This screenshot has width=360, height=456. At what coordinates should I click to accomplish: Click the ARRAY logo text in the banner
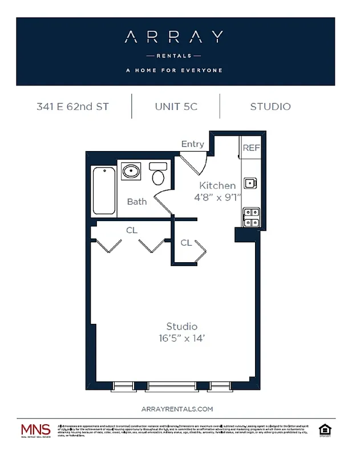174,38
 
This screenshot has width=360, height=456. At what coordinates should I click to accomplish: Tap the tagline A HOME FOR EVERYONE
174,71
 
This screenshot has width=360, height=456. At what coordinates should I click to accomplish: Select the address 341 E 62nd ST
72,107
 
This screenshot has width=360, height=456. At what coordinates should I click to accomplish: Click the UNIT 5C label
176,107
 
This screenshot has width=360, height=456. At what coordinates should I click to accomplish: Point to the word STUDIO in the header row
270,107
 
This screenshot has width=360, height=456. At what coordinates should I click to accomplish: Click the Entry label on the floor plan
192,144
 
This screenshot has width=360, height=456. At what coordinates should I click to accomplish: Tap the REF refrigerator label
251,148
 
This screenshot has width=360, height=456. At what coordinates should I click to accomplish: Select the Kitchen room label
217,185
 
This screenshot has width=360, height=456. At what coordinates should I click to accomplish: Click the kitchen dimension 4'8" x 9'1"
217,197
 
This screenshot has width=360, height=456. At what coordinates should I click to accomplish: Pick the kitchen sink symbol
250,183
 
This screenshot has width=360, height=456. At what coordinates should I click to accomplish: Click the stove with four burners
251,217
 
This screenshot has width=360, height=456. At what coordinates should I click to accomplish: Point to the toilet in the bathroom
158,174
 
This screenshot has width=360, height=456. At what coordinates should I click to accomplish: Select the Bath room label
137,201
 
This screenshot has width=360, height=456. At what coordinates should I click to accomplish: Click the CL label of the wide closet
132,231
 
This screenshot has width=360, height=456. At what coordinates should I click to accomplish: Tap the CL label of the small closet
186,243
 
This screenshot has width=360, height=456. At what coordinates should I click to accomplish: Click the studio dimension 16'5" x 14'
182,338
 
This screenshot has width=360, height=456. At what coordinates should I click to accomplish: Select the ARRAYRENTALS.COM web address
176,409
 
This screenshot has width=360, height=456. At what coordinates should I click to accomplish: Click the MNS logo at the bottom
35,430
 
